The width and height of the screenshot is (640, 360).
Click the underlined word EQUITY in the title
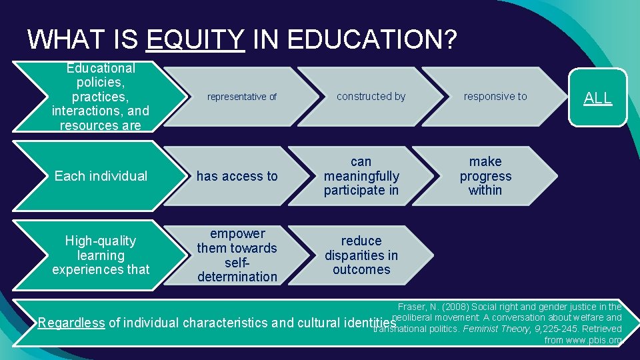[x=195, y=39]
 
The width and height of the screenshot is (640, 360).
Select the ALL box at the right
[x=598, y=97]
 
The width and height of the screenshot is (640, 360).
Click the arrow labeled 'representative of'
[x=241, y=97]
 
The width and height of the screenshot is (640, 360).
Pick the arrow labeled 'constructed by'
[x=371, y=97]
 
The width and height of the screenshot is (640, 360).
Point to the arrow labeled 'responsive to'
[x=495, y=97]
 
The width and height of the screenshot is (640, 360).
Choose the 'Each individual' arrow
[x=101, y=176]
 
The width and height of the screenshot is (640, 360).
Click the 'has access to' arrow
[x=237, y=176]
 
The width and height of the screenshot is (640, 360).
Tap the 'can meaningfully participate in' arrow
[x=361, y=176]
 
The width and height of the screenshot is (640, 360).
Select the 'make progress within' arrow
[x=485, y=176]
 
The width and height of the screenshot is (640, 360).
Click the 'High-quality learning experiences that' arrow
[x=101, y=255]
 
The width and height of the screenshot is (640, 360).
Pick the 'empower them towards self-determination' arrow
[x=237, y=255]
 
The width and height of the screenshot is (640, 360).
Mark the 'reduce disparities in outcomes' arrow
[x=361, y=255]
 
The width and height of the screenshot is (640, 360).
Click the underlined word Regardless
[x=71, y=323]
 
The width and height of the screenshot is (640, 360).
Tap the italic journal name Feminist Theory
[x=490, y=329]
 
